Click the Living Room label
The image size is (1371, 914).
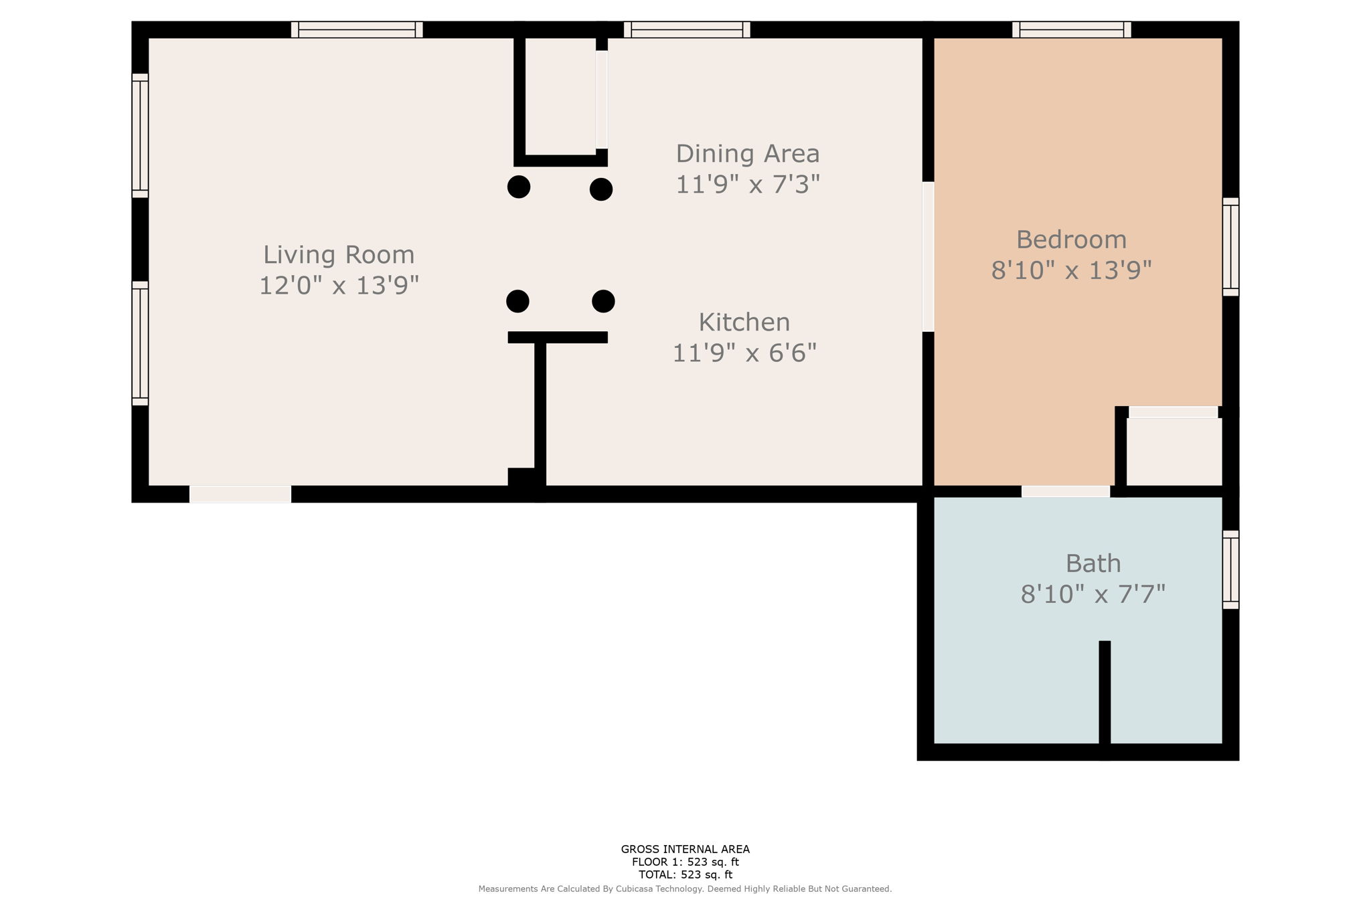[339, 255]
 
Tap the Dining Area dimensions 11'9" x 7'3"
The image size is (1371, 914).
[747, 184]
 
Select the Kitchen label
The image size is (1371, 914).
[744, 323]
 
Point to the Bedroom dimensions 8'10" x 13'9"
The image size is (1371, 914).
[1071, 270]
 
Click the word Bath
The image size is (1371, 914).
[1093, 563]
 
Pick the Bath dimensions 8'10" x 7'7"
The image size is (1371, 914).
[1093, 594]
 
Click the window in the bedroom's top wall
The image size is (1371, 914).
[1071, 29]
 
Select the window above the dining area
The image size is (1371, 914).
[687, 29]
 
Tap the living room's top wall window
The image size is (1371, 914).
[357, 29]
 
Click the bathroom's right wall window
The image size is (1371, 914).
[1230, 569]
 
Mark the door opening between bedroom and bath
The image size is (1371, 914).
[1065, 492]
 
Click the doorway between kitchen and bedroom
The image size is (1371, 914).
[928, 257]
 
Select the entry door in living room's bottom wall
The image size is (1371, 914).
[240, 494]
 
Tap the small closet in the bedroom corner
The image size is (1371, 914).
[1174, 452]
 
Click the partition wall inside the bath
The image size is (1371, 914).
[1105, 693]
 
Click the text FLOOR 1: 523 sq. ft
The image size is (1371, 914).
[685, 862]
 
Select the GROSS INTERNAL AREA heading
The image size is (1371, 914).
[685, 849]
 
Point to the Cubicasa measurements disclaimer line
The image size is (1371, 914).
[685, 889]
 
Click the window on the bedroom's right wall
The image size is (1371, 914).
[1230, 247]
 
